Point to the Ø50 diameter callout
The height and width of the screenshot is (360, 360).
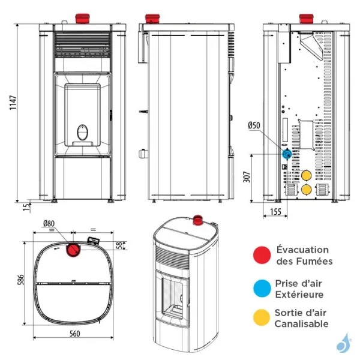click(x=254, y=125)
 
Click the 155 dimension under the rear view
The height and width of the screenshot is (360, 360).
click(x=275, y=212)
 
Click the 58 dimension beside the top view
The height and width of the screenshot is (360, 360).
click(x=119, y=244)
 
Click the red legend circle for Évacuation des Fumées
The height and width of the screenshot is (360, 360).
click(x=260, y=254)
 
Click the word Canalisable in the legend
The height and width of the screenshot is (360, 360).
click(x=302, y=324)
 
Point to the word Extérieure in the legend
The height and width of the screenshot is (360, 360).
click(x=300, y=295)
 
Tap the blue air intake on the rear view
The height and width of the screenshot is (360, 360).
click(x=287, y=154)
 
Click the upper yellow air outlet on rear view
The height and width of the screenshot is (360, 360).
click(x=306, y=175)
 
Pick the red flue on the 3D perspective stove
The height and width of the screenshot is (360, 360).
click(x=196, y=222)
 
